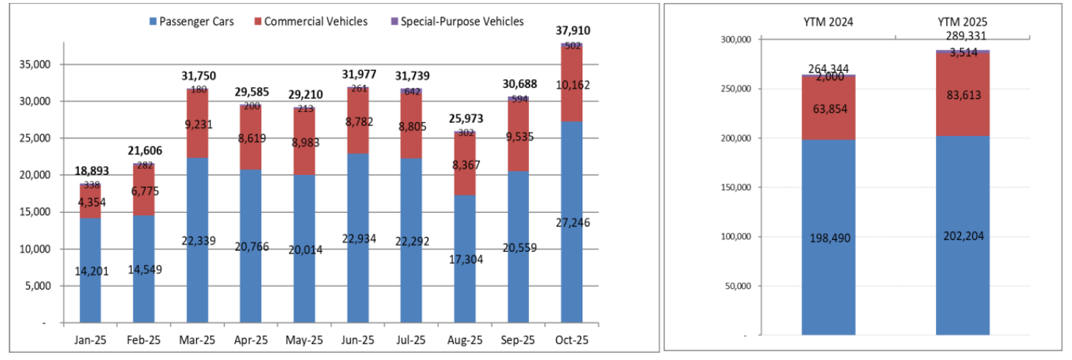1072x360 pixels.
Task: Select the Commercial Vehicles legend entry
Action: tap(315, 21)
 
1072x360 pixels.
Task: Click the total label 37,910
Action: tap(572, 31)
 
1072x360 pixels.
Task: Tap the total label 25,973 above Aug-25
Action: tap(465, 119)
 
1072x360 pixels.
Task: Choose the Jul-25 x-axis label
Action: tap(411, 340)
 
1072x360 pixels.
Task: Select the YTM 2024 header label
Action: tap(828, 22)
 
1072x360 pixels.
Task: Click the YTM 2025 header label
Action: tap(962, 22)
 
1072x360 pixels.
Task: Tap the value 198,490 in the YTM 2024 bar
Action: tap(828, 238)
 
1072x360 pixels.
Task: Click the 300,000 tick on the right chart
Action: tap(734, 40)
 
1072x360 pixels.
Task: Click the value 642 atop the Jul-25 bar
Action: tap(411, 91)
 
